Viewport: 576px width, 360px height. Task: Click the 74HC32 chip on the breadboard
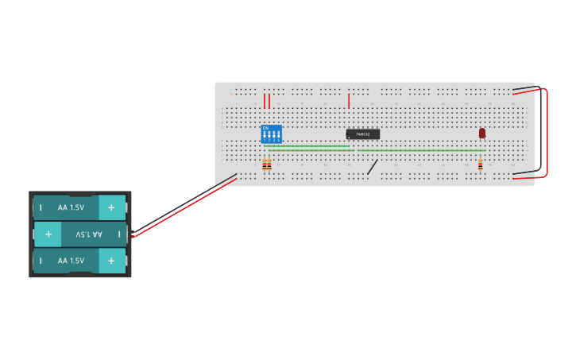pos(362,134)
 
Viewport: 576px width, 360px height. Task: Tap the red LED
pos(482,133)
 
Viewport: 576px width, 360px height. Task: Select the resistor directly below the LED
pos(480,165)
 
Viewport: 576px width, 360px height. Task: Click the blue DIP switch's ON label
pos(265,127)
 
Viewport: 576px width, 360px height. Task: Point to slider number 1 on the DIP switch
pos(265,135)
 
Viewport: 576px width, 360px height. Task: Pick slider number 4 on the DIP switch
pos(278,135)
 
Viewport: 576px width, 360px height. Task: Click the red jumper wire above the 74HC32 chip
pos(348,101)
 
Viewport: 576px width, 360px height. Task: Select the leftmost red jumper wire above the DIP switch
pos(265,101)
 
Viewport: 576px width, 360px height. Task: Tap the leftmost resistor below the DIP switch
pos(265,165)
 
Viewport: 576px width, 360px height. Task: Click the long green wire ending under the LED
pos(421,150)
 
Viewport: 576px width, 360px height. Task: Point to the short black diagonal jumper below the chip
pos(372,167)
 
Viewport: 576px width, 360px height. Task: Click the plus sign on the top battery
pos(111,207)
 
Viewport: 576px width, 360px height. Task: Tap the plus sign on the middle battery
pos(48,234)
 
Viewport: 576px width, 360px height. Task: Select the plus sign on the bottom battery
pos(111,261)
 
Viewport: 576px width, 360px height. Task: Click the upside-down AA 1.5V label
pos(89,234)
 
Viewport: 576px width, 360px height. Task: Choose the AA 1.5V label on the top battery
pos(71,207)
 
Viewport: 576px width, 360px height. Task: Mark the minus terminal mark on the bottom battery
pos(41,261)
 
